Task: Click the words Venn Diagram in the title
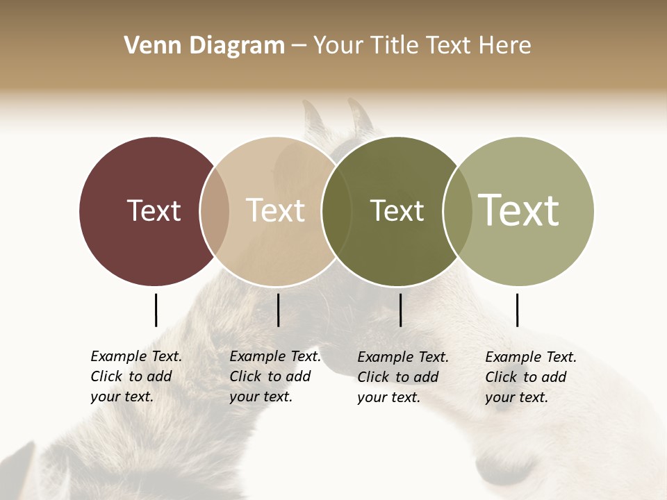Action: click(x=204, y=46)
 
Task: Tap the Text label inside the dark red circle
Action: click(x=154, y=210)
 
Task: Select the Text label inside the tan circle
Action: click(x=275, y=210)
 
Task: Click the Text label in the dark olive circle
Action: click(x=397, y=210)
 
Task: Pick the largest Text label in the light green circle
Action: click(x=519, y=210)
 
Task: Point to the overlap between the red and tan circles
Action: click(x=215, y=210)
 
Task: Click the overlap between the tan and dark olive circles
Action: click(x=336, y=210)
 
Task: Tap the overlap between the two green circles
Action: click(x=457, y=210)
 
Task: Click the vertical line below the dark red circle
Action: click(x=156, y=310)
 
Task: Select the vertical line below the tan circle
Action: click(x=278, y=310)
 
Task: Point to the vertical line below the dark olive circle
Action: click(x=400, y=310)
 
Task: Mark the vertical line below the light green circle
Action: click(x=517, y=310)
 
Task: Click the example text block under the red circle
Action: click(x=136, y=376)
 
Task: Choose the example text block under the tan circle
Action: click(x=275, y=376)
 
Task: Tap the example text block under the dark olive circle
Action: click(x=403, y=377)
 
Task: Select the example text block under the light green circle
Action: click(x=531, y=377)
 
